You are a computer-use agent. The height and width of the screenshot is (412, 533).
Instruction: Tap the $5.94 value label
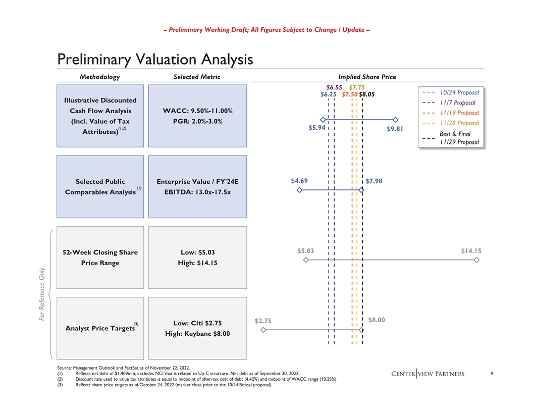(x=316, y=128)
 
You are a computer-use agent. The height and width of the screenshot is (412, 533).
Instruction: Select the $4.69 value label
(x=299, y=181)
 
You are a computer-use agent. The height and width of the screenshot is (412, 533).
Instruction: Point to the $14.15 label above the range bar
(x=471, y=250)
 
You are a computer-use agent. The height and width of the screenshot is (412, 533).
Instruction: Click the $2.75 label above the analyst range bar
(x=262, y=320)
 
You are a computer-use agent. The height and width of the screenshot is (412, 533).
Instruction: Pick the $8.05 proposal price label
(x=367, y=94)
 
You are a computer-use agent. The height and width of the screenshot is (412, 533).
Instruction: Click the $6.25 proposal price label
(x=329, y=94)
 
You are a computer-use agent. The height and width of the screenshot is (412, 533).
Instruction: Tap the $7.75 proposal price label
(x=357, y=87)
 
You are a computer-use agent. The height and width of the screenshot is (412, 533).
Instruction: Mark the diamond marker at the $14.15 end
(x=476, y=260)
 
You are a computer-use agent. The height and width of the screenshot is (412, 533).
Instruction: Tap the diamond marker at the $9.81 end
(x=395, y=120)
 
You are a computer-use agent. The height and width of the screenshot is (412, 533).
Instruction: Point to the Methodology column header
(x=100, y=77)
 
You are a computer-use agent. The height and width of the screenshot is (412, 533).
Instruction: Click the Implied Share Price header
(x=367, y=77)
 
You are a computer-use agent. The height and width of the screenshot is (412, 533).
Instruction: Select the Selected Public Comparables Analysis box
(x=100, y=186)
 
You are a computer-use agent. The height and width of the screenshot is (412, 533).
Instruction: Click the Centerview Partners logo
(x=428, y=374)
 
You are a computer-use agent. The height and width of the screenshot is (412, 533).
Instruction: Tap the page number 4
(x=491, y=374)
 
